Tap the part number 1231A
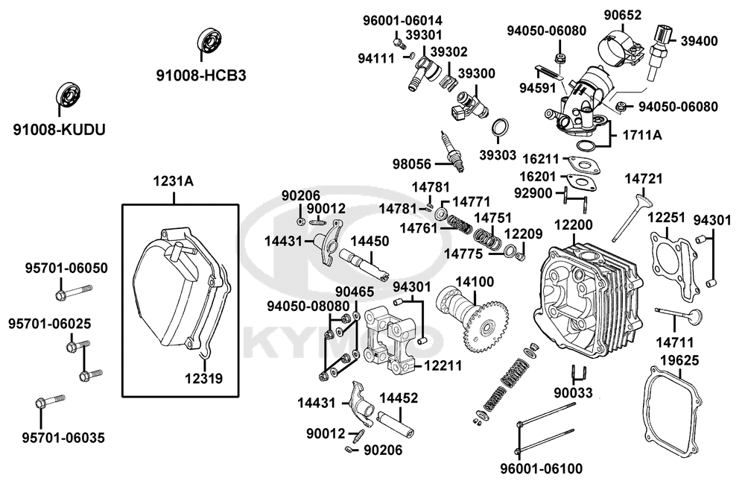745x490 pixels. click(x=173, y=181)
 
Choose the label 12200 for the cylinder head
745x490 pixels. click(x=573, y=225)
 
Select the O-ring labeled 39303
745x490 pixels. click(x=501, y=128)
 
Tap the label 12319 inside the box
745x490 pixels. click(x=203, y=378)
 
